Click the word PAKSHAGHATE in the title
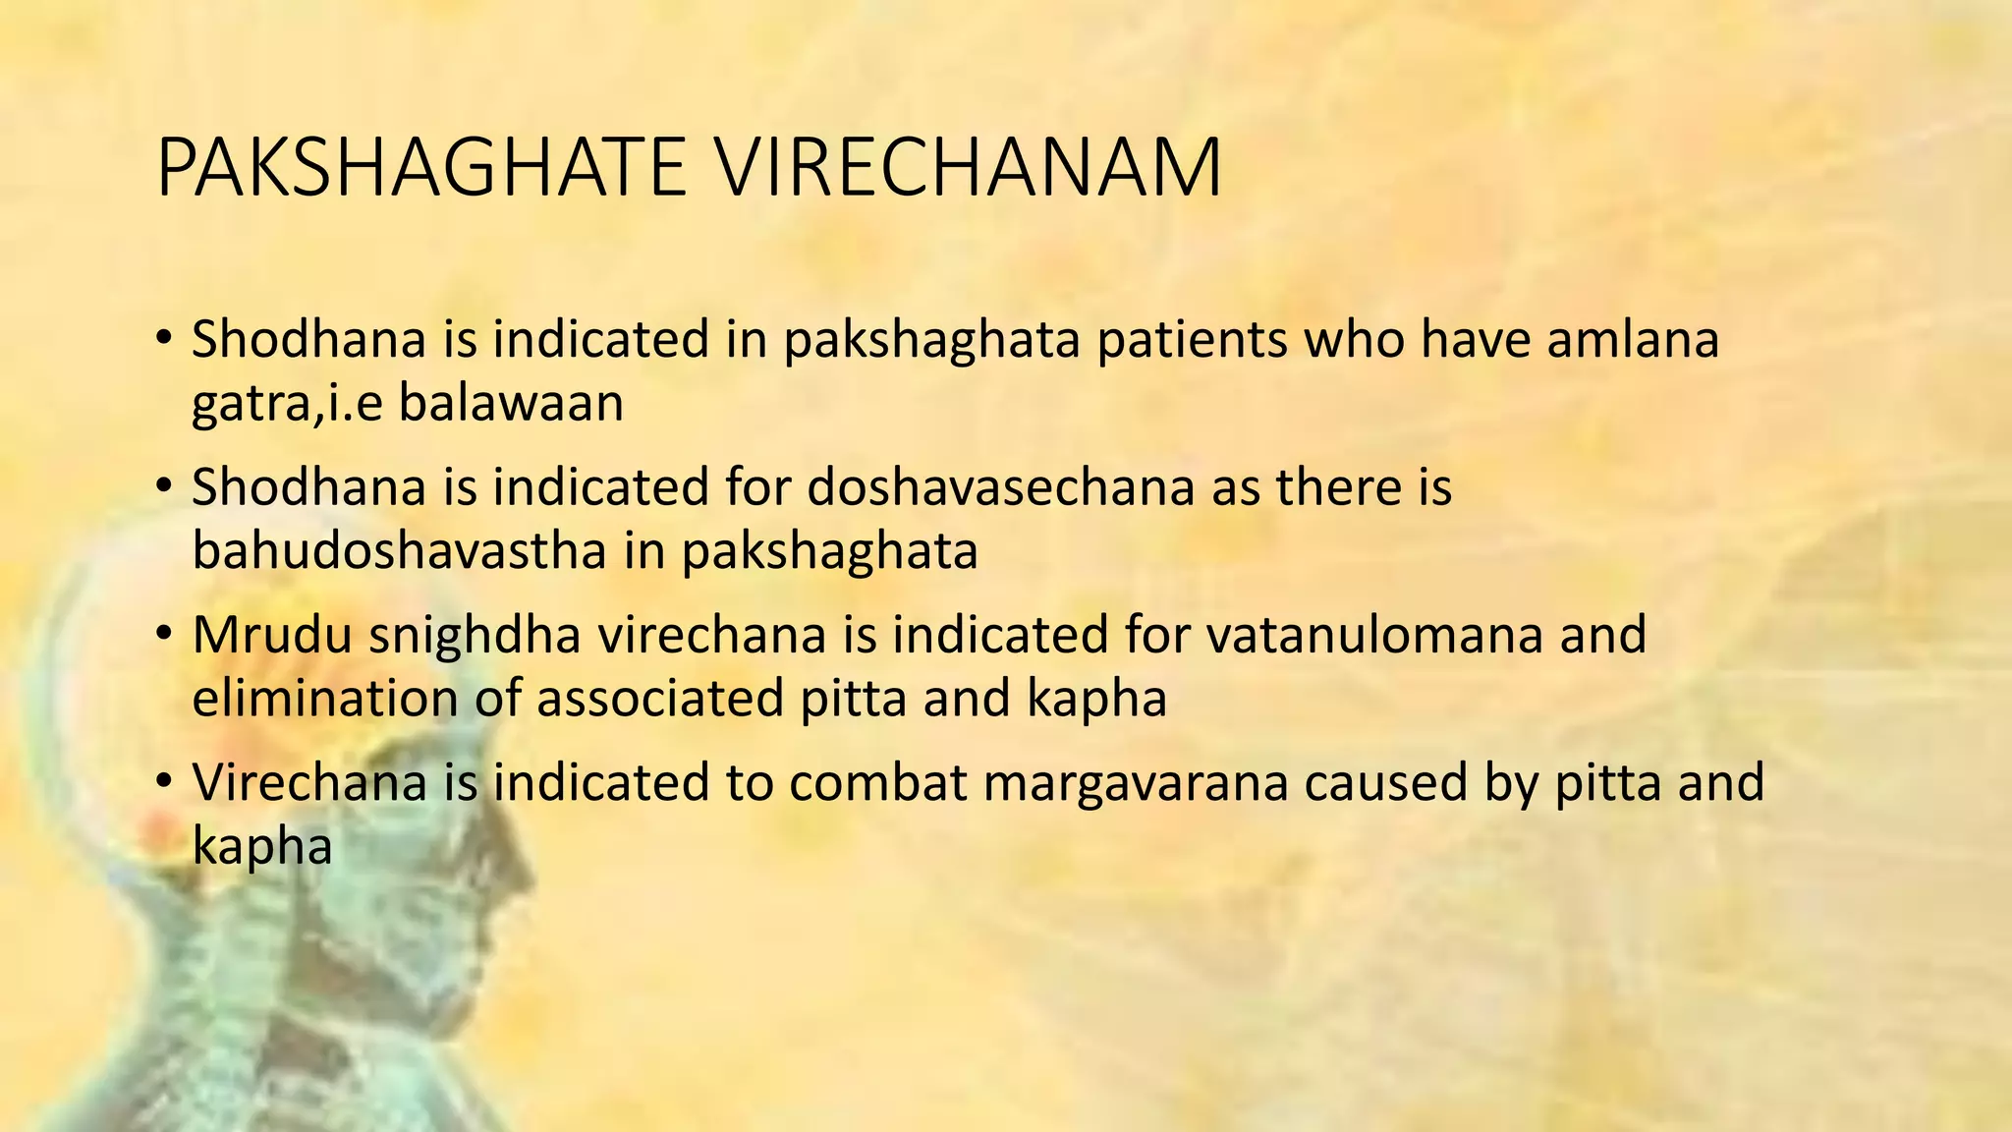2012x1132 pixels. click(420, 167)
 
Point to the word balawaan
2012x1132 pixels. click(511, 403)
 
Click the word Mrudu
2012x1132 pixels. click(272, 634)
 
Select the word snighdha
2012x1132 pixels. click(475, 636)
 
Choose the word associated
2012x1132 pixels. click(659, 698)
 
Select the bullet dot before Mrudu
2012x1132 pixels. click(164, 635)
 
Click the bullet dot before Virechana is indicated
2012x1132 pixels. click(164, 782)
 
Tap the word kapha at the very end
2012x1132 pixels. click(262, 847)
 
